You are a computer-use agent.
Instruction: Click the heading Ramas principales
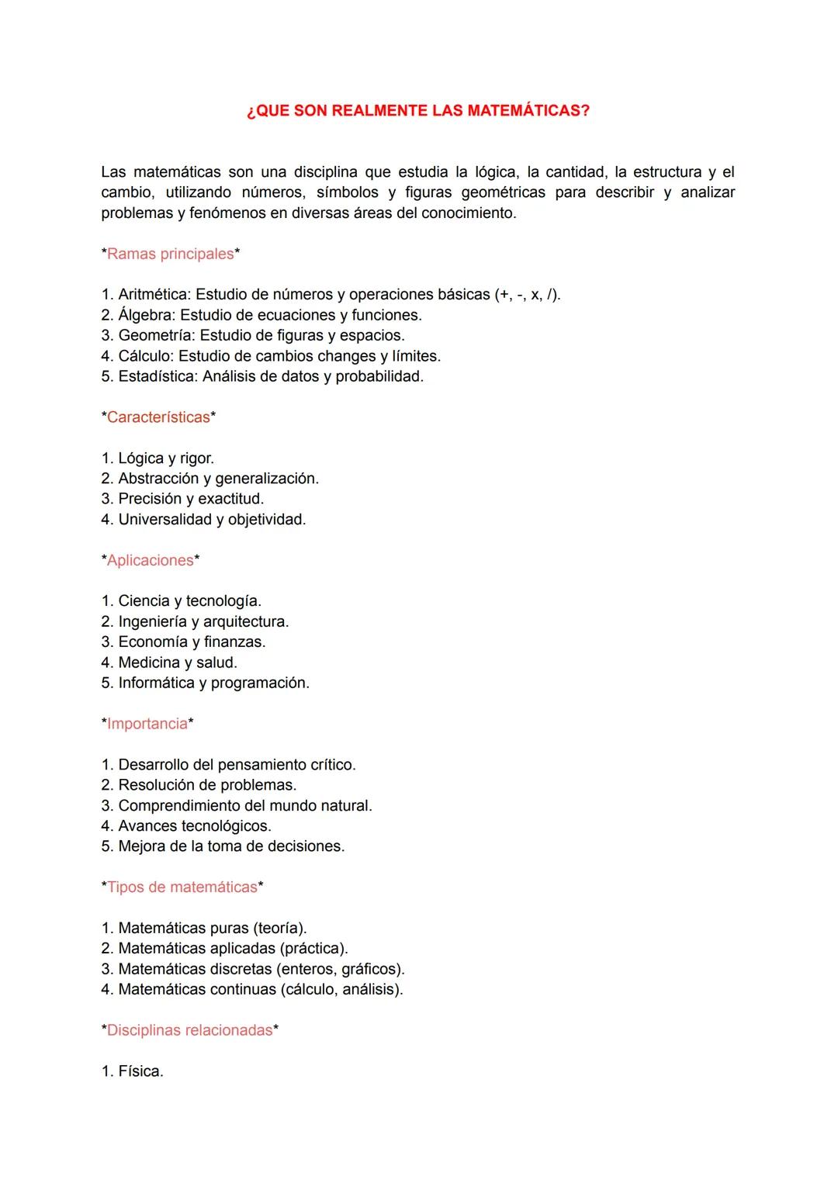coord(170,254)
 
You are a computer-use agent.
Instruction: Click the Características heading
coord(158,417)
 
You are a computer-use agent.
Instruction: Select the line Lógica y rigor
coord(165,458)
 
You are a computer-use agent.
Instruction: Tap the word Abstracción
coord(158,479)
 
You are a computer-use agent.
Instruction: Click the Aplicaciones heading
coord(150,560)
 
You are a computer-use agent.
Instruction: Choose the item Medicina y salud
coord(177,662)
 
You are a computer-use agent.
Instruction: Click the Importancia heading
coord(147,724)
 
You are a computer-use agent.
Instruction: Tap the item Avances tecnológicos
coord(194,826)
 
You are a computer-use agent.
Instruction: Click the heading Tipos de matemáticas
coord(182,887)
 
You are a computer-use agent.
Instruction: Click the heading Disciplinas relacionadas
coord(189,1030)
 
